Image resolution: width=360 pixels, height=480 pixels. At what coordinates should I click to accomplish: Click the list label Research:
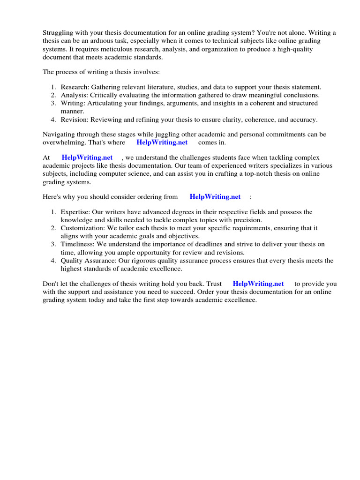pyautogui.click(x=75, y=87)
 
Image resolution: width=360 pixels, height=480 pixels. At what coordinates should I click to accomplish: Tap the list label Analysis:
pyautogui.click(x=75, y=95)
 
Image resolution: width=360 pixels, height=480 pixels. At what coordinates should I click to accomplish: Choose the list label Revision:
pyautogui.click(x=75, y=120)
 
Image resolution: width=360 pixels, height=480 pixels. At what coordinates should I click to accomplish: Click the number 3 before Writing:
pyautogui.click(x=53, y=103)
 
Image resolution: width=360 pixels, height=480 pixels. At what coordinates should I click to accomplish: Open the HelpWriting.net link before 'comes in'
pyautogui.click(x=162, y=142)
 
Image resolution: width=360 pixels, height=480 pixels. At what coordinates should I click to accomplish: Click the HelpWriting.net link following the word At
pyautogui.click(x=87, y=158)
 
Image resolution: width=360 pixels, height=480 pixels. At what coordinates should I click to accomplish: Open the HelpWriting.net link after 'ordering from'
pyautogui.click(x=215, y=197)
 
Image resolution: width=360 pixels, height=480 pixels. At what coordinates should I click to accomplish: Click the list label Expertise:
pyautogui.click(x=76, y=212)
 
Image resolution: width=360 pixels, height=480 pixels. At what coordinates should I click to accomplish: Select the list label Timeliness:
pyautogui.click(x=78, y=245)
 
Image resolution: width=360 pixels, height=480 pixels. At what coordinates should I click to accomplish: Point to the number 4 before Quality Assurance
pyautogui.click(x=53, y=261)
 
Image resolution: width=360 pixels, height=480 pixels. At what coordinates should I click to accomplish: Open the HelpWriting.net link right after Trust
pyautogui.click(x=258, y=284)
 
